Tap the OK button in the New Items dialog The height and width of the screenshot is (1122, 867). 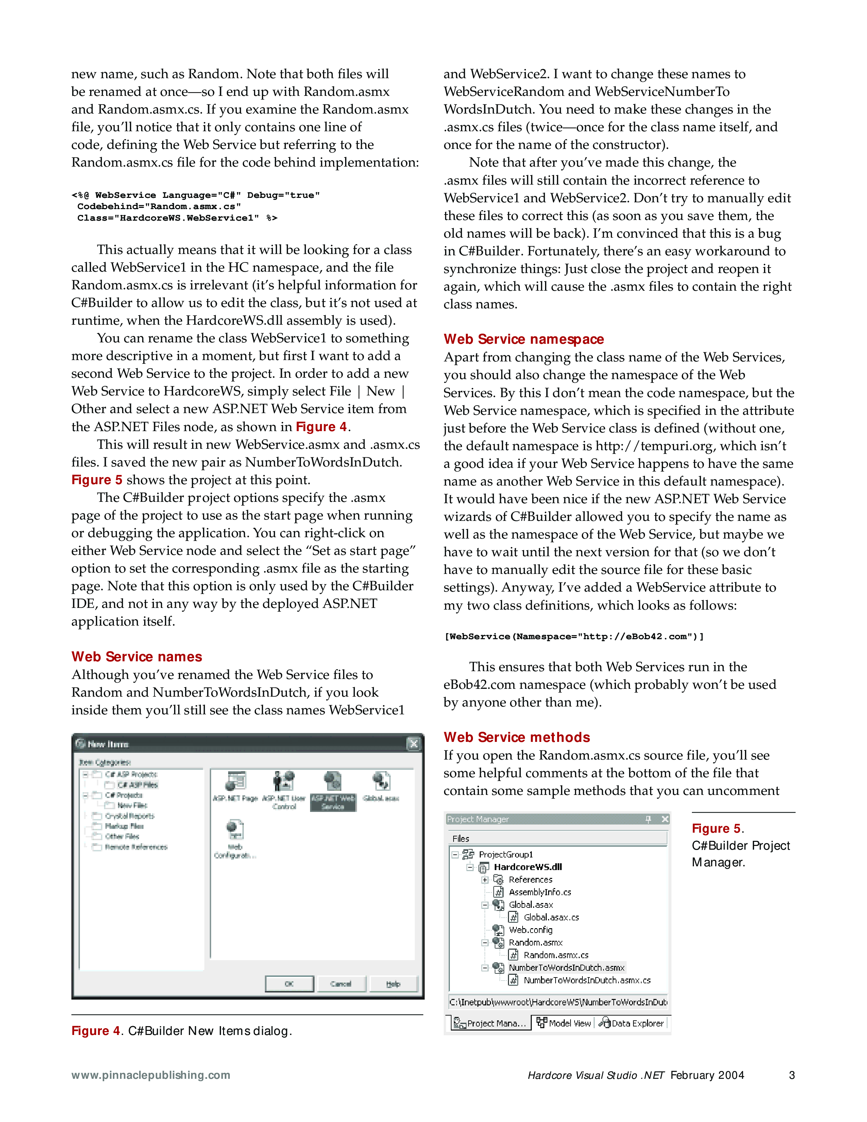(289, 984)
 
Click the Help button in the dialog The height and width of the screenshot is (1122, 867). (393, 984)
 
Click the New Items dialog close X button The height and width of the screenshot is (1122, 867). (413, 744)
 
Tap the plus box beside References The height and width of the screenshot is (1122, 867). (485, 880)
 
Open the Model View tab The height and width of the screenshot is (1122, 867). (564, 1023)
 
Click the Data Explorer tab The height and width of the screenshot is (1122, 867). (632, 1023)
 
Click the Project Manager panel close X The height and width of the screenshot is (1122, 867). (665, 819)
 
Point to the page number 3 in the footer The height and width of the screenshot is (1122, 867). (792, 1075)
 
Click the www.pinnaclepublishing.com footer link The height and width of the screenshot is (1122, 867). (151, 1075)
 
